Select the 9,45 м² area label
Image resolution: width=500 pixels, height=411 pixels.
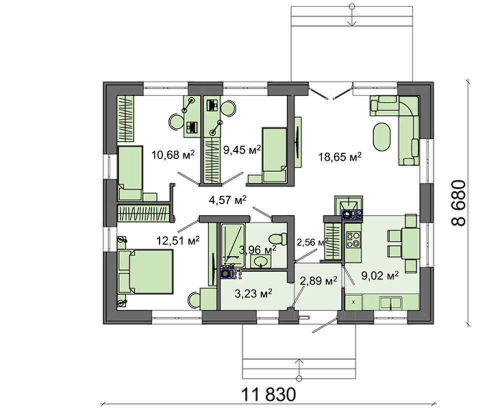[x=242, y=149]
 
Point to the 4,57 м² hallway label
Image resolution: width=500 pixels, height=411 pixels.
[x=227, y=200]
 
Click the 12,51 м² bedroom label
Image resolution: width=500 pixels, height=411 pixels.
[x=178, y=240]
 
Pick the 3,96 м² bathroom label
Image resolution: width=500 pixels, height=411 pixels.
[x=257, y=250]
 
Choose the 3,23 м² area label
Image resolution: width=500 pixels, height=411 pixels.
[x=253, y=293]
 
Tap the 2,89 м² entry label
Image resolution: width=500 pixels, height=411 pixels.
[x=318, y=281]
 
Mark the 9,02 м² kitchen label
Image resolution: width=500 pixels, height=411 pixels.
[x=380, y=275]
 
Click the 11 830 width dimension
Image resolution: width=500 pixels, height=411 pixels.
[x=269, y=394]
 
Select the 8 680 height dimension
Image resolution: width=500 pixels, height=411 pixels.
[x=459, y=203]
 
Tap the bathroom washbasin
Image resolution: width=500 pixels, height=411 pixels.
[x=261, y=261]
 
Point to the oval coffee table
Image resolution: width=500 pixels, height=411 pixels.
[x=381, y=137]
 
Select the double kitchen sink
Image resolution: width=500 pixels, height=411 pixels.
[x=390, y=302]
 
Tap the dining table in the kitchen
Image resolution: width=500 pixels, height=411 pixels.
[x=410, y=243]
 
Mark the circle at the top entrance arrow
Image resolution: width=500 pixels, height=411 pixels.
[x=352, y=6]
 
